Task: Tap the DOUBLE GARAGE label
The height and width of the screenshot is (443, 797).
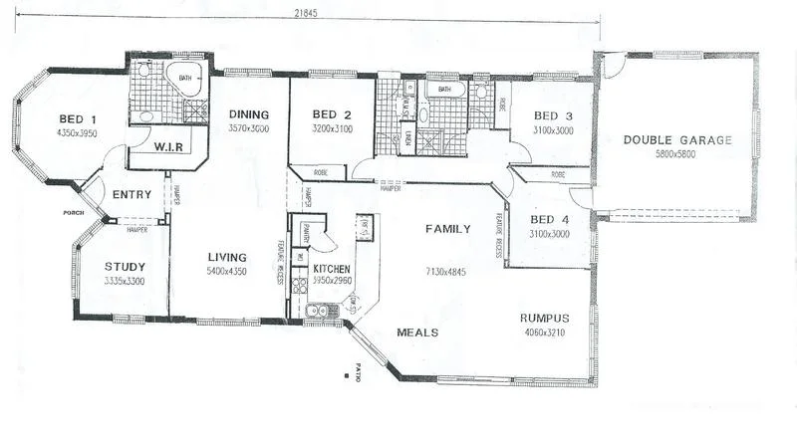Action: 677,139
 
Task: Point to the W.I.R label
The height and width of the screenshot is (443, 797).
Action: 167,147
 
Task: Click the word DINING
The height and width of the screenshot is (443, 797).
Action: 248,113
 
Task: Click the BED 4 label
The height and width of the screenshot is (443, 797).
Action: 550,220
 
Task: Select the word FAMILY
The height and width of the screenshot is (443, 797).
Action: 447,229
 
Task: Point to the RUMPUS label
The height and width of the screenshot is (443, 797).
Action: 545,319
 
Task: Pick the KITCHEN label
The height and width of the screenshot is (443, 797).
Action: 333,269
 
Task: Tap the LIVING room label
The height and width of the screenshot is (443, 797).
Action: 227,257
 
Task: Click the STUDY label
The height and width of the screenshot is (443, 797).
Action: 126,266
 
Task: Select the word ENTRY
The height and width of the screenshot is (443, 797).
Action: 132,194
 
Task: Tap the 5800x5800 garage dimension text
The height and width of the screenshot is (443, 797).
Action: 677,154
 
